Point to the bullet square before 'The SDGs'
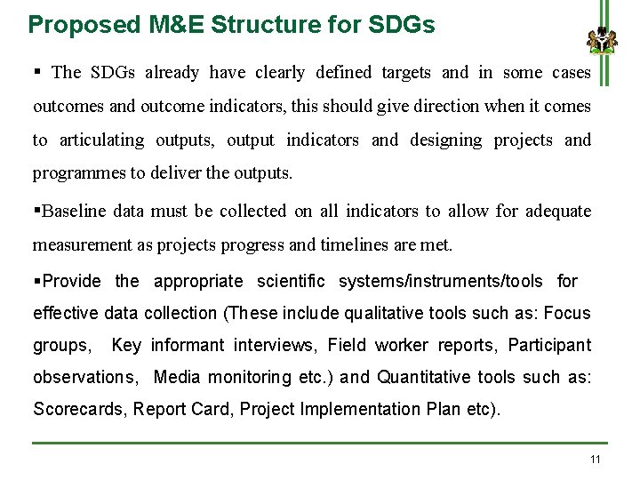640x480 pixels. [38, 72]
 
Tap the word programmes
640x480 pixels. [74, 172]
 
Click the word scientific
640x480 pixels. [291, 282]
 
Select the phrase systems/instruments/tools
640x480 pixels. [440, 282]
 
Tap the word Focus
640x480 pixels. [567, 313]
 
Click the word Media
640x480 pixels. [176, 377]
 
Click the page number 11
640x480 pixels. [595, 459]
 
